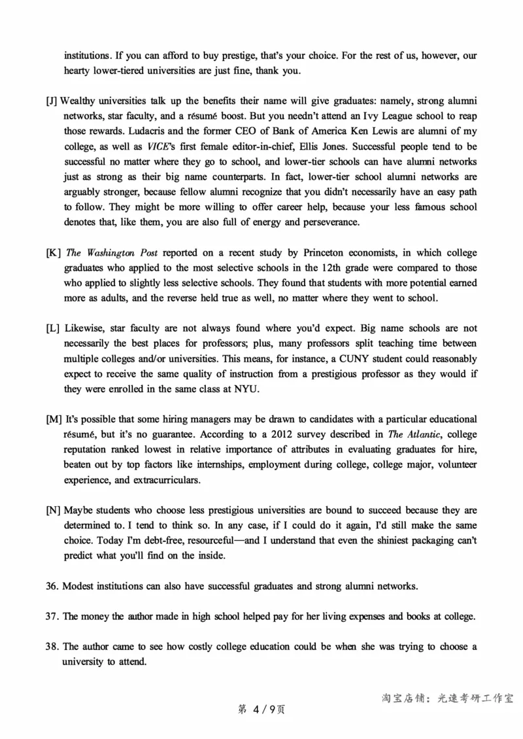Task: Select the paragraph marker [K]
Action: click(x=54, y=253)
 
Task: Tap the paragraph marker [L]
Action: click(x=53, y=328)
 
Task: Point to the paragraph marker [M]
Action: click(x=54, y=419)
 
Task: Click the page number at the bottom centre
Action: click(x=260, y=710)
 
